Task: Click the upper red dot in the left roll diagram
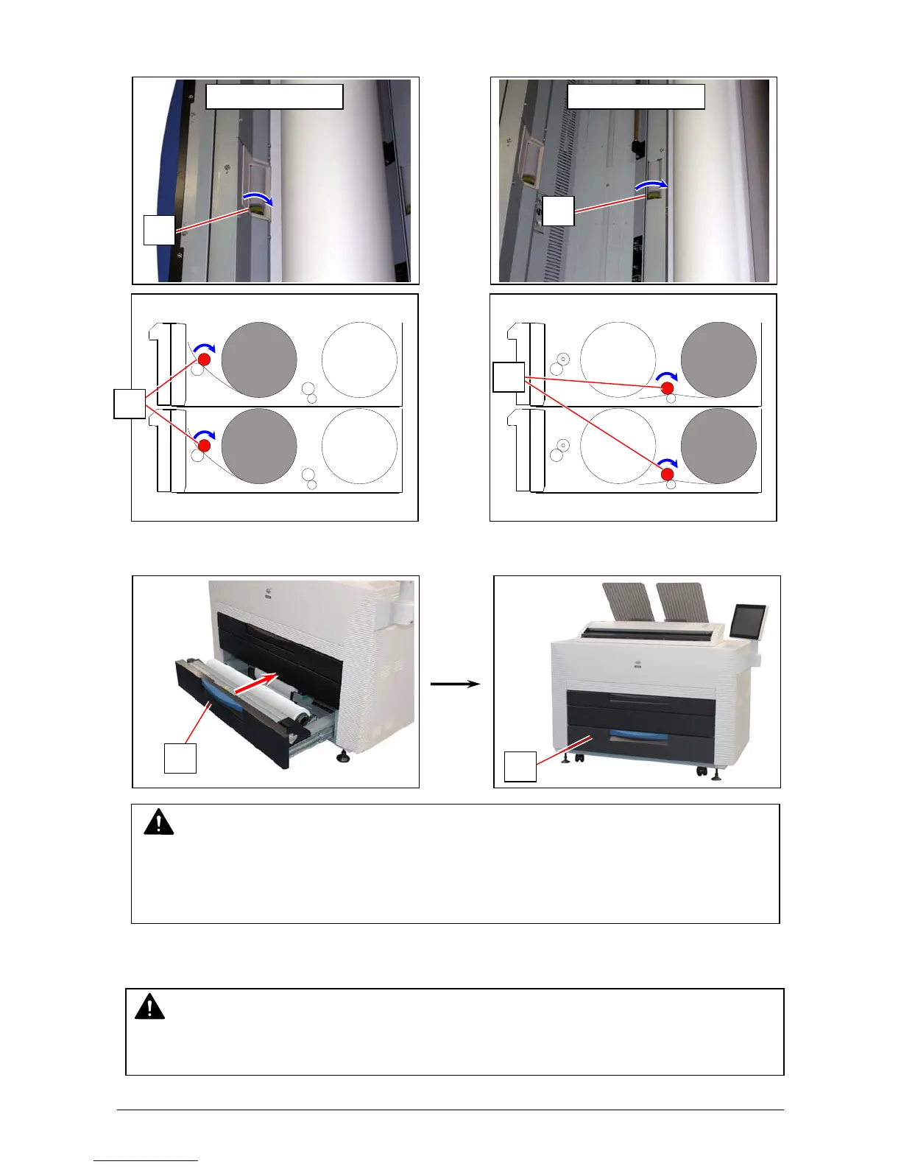click(x=204, y=360)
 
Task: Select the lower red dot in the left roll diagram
click(x=205, y=446)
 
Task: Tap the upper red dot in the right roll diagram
click(x=668, y=388)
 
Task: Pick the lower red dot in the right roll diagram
click(x=668, y=474)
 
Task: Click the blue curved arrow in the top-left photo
click(x=258, y=197)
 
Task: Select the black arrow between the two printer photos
click(x=455, y=684)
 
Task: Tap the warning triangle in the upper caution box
click(x=158, y=822)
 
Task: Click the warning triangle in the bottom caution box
click(x=149, y=1006)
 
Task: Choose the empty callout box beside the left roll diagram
click(x=130, y=404)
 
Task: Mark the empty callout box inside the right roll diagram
click(x=509, y=377)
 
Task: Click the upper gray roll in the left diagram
click(x=259, y=360)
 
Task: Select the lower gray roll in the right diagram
click(x=718, y=446)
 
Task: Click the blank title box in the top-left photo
click(x=275, y=97)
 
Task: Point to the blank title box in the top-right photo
click(x=636, y=97)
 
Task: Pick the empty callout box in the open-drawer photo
click(x=180, y=758)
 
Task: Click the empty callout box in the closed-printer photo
click(x=520, y=766)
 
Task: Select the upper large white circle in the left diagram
click(x=360, y=360)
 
